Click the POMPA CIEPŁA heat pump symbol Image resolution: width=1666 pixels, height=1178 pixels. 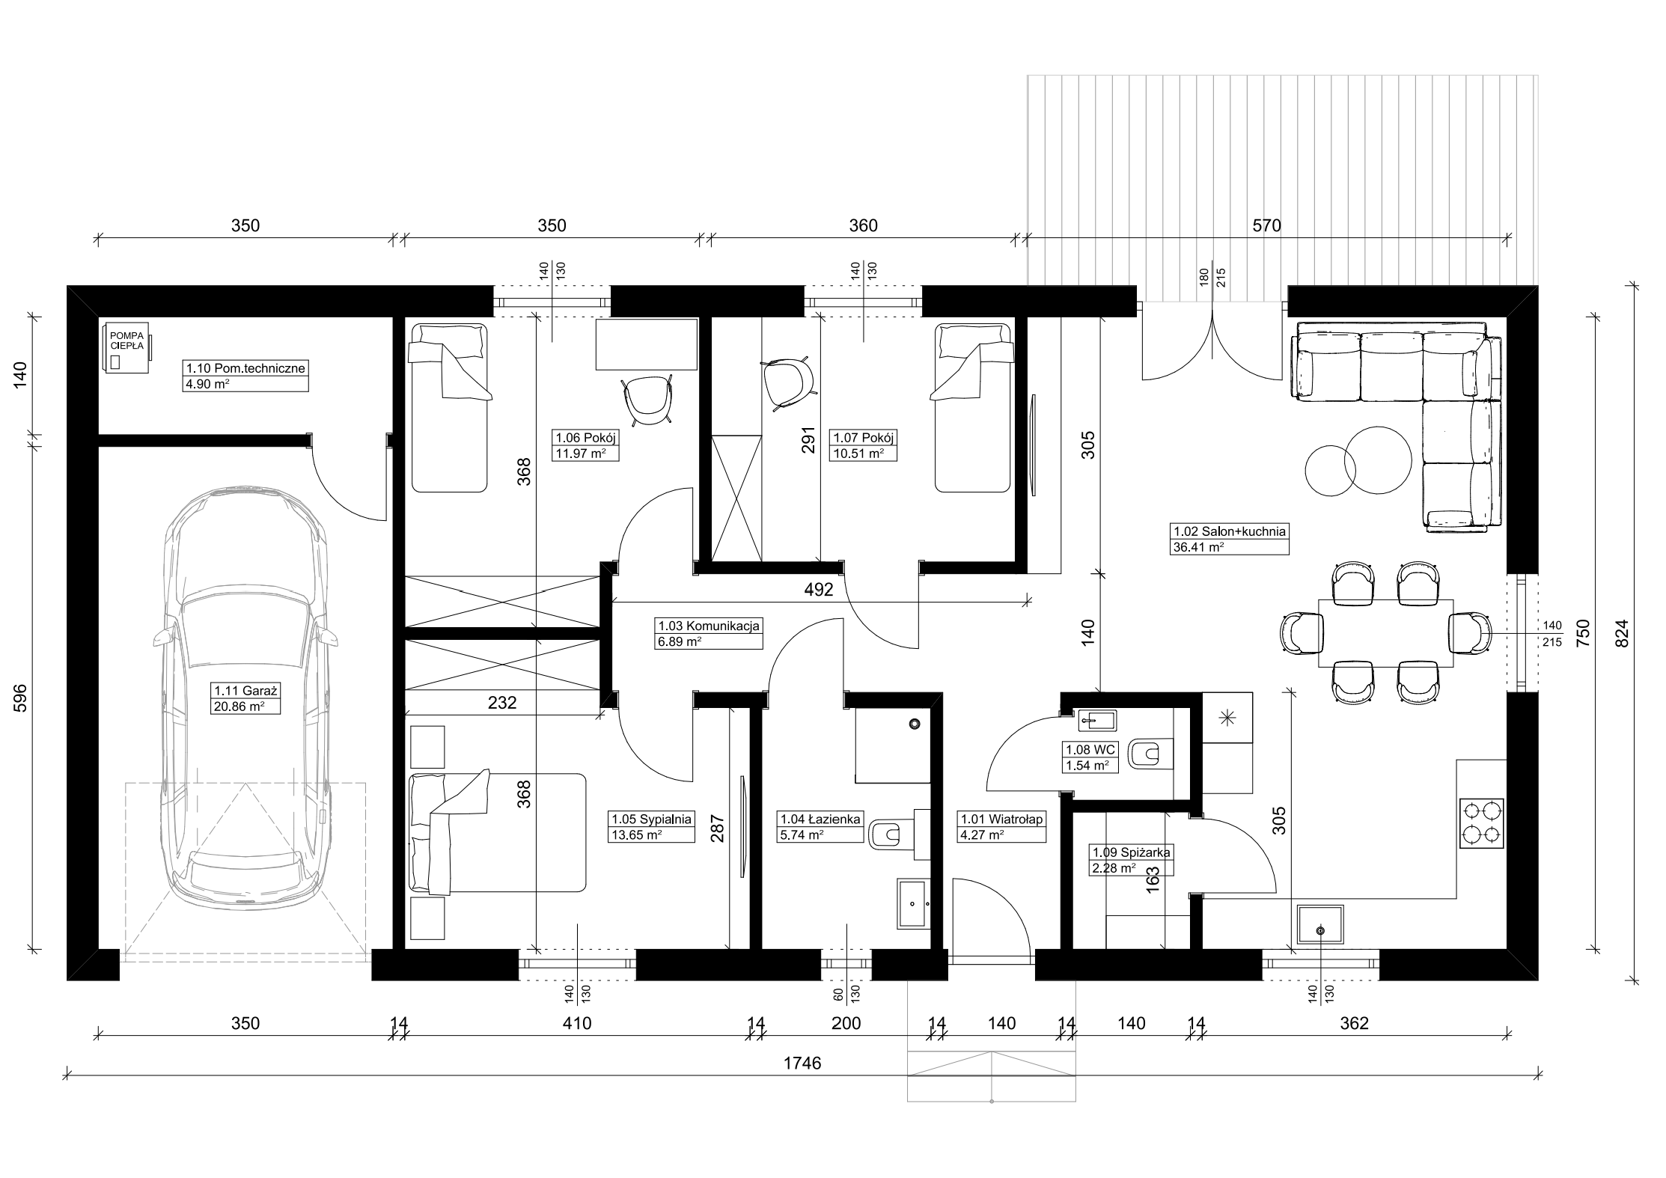point(126,347)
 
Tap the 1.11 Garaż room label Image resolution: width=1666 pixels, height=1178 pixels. point(237,691)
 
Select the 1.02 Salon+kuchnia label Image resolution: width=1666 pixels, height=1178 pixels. point(1230,531)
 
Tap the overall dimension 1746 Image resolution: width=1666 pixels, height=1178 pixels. point(802,1063)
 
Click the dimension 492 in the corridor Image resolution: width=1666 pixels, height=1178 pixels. point(819,590)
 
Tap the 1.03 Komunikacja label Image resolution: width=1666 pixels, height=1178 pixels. point(708,626)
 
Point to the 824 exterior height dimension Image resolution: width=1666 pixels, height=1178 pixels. point(1621,632)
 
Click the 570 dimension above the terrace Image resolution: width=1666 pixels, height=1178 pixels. point(1266,225)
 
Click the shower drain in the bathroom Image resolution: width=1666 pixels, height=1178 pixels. point(914,724)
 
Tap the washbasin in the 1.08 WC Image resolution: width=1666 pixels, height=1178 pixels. point(1096,721)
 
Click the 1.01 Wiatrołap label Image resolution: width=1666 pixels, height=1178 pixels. point(1001,819)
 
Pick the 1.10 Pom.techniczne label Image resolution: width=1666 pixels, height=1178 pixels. point(245,368)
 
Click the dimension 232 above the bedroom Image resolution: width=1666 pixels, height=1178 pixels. point(502,703)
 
